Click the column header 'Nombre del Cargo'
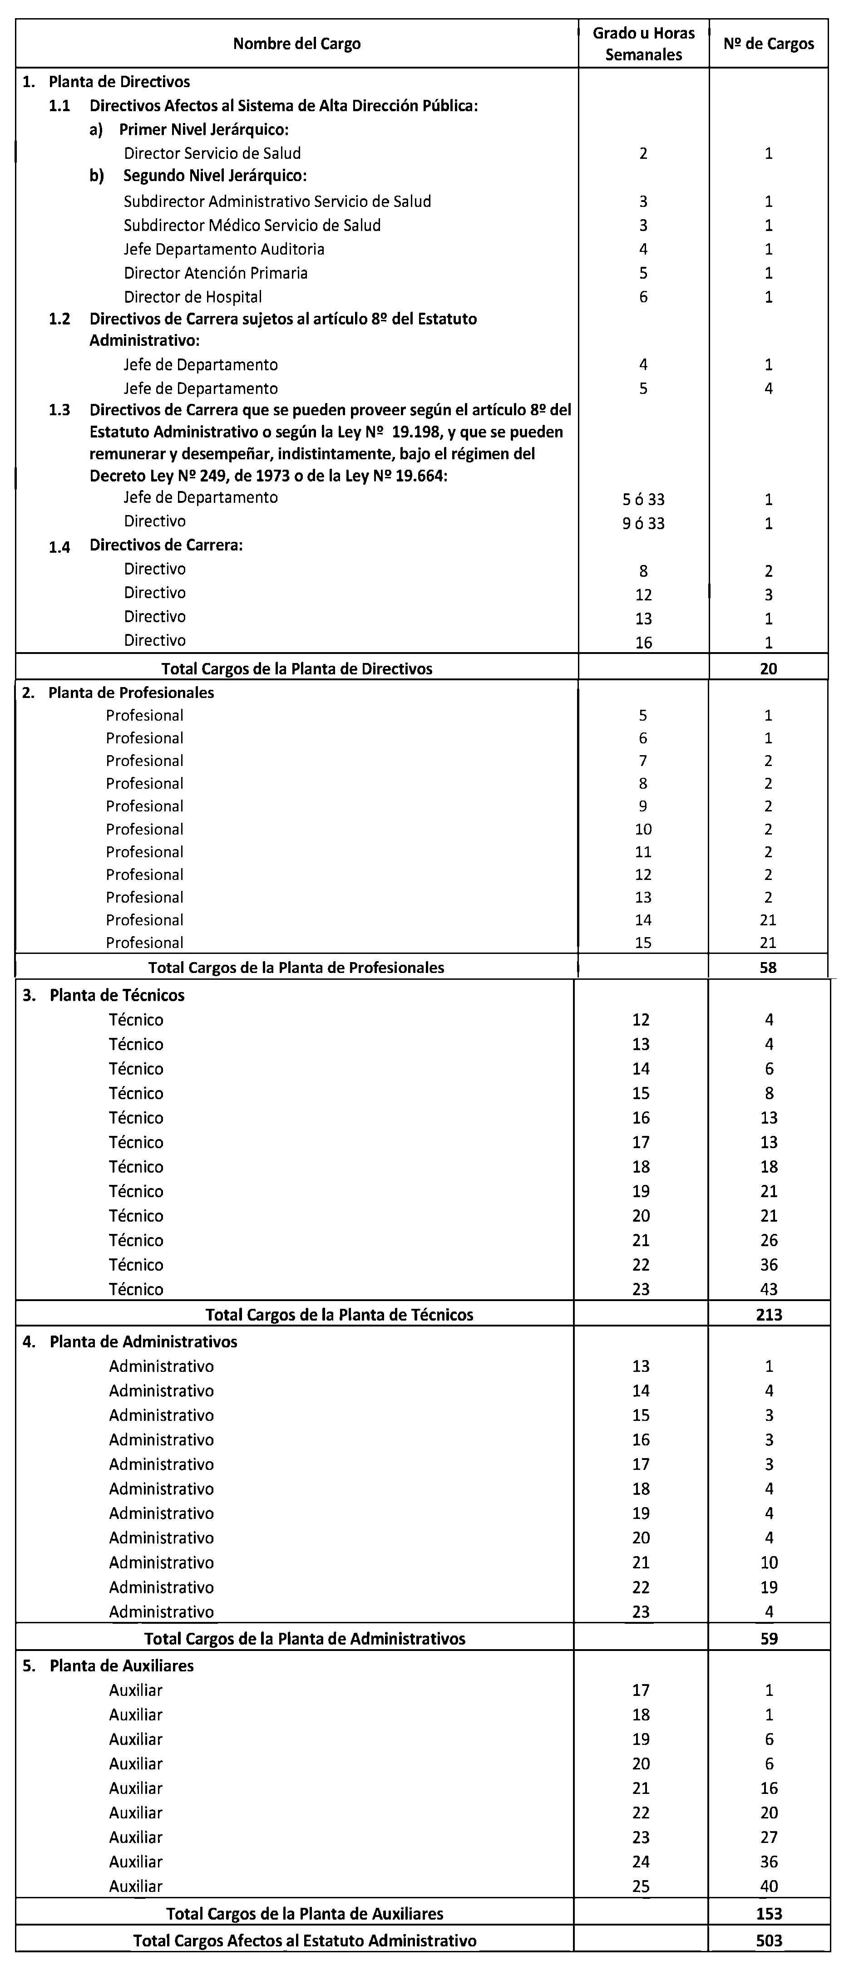pos(297,44)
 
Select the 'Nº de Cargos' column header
pos(769,44)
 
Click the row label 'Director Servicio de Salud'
pos(212,153)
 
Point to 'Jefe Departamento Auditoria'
pos(224,249)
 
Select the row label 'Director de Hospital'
pos(193,297)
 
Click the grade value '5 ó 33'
pos(643,499)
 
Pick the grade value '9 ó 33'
pos(643,523)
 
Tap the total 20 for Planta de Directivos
pos(769,668)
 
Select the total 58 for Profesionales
pos(769,968)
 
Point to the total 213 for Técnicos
pos(769,1315)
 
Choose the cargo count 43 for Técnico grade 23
pos(769,1289)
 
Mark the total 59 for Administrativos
pos(769,1638)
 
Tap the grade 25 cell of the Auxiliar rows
pos(641,1886)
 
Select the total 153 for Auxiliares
pos(769,1913)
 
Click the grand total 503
pos(769,1940)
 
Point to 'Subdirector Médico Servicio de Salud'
pos(252,226)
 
